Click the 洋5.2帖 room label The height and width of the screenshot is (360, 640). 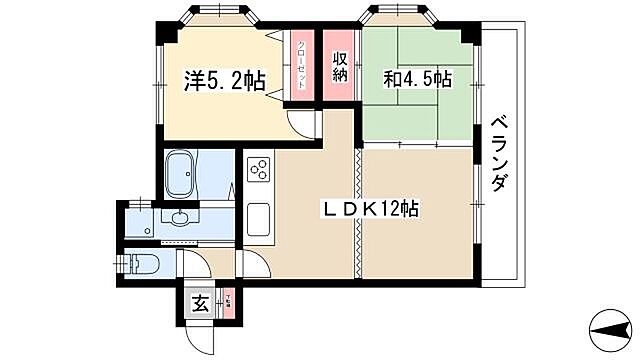(x=225, y=81)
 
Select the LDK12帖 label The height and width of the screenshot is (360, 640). (x=369, y=209)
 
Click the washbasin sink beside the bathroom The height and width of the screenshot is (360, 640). (x=181, y=219)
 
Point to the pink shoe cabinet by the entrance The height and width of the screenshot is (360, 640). (x=227, y=303)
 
